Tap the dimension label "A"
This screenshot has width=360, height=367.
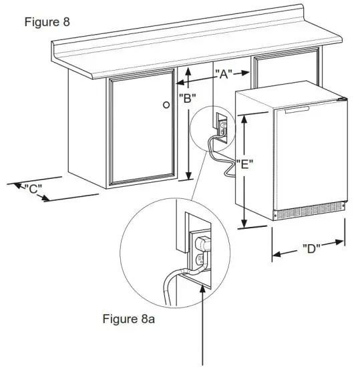[x=222, y=74]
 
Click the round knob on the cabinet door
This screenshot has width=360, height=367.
[x=166, y=105]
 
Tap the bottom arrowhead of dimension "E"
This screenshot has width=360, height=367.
[x=245, y=223]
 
